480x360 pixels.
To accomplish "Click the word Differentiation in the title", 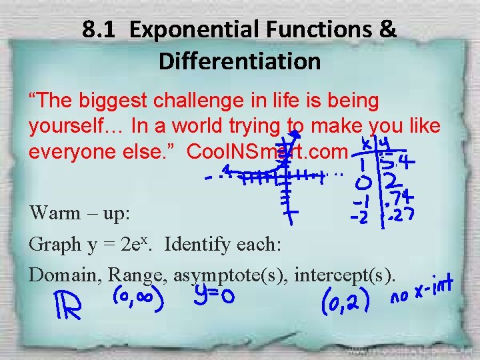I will (x=239, y=61).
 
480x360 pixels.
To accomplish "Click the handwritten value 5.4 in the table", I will (x=399, y=160).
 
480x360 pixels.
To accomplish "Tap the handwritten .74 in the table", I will (x=399, y=197).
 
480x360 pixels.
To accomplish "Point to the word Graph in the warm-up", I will (x=53, y=245).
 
